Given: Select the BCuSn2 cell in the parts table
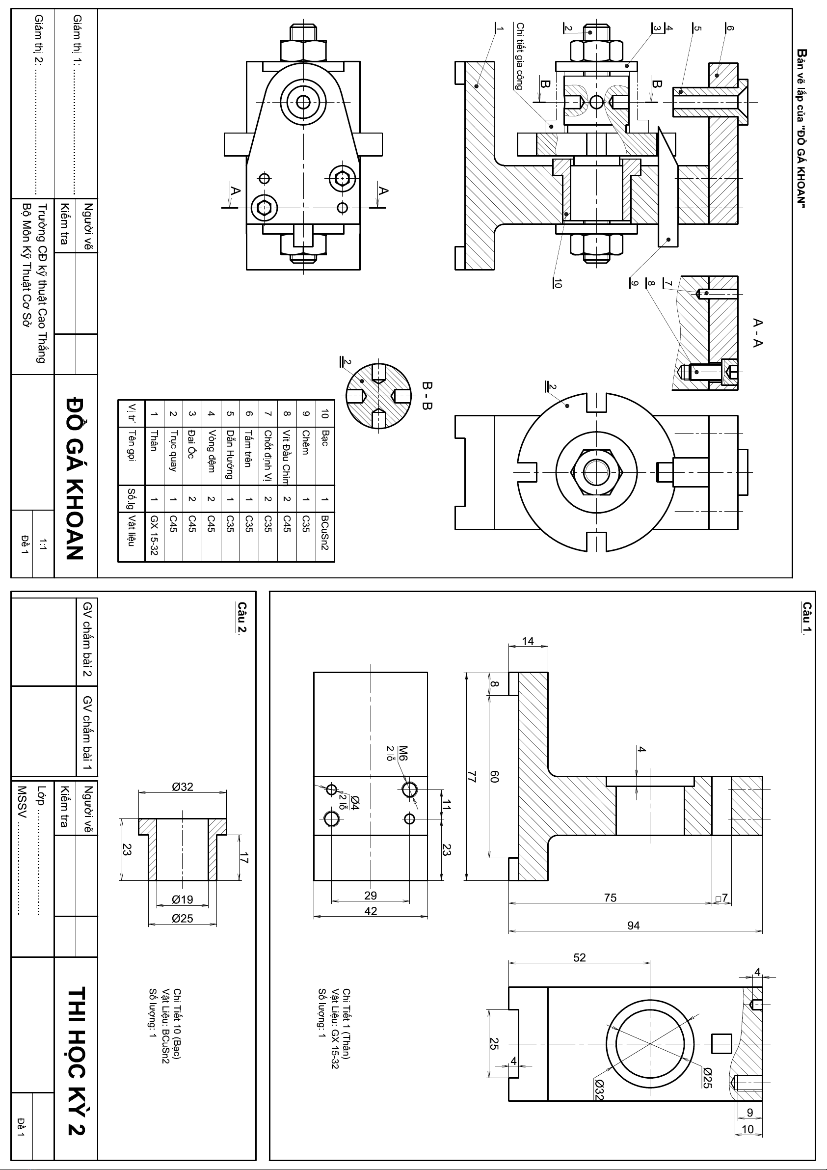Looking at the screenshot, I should [x=325, y=533].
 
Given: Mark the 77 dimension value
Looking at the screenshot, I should [x=472, y=777].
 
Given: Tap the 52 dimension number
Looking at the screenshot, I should [x=579, y=957].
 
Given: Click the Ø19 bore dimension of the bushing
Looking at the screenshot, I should [x=183, y=899].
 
